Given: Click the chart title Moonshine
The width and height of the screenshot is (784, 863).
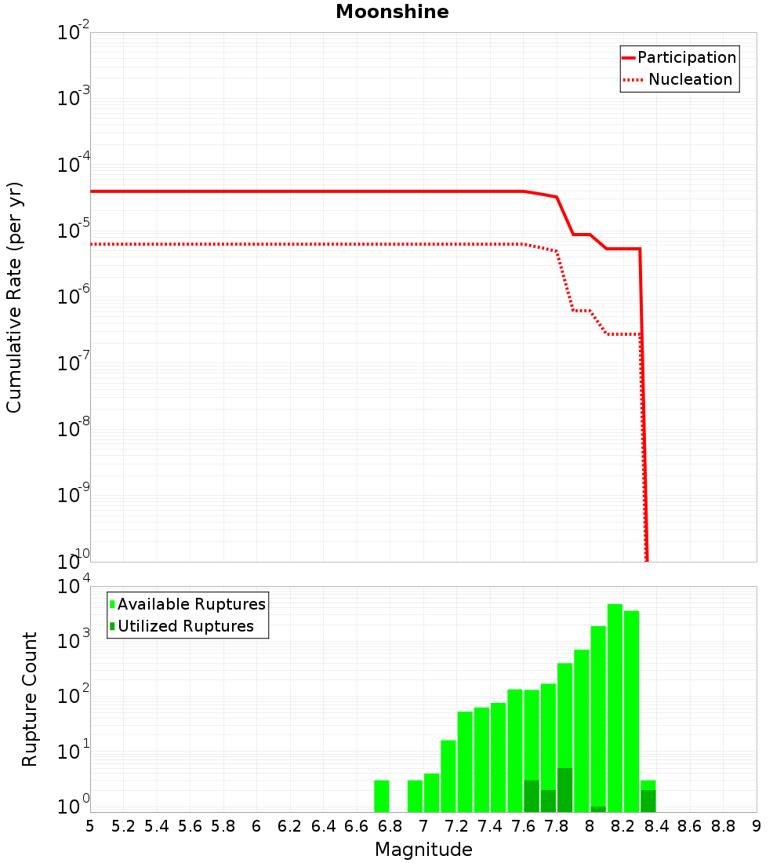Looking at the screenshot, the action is (392, 12).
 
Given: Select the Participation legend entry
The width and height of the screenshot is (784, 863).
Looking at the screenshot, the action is (679, 57).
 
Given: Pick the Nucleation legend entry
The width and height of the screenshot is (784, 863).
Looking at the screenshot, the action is (678, 79).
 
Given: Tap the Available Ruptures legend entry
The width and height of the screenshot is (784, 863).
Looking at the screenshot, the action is (187, 604).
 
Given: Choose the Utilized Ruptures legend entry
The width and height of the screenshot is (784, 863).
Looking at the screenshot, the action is (182, 626).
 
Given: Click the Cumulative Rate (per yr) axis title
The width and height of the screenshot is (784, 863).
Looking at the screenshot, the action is (14, 297).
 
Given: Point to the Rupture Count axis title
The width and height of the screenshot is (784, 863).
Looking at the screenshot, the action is (29, 699).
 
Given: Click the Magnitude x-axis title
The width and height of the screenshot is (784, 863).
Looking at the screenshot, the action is (423, 849).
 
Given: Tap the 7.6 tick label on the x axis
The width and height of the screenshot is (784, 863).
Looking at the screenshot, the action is (523, 826).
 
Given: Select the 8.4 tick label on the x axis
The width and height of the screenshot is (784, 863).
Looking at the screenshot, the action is (656, 826).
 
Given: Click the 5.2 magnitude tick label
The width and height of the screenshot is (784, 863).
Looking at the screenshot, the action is (123, 826).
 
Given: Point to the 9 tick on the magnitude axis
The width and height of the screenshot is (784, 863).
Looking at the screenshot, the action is (757, 826).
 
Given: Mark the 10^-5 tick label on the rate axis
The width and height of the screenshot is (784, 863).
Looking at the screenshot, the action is (74, 230).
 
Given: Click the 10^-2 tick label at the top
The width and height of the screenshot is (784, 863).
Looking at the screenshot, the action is (74, 31).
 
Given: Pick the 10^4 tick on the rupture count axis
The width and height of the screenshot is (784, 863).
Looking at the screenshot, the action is (74, 585).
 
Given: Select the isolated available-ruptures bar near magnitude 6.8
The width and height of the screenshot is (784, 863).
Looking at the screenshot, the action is (382, 796).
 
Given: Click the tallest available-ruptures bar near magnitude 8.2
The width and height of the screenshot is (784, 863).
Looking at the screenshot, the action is (615, 708).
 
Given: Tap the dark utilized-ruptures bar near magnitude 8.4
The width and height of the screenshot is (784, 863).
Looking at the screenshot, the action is (648, 801).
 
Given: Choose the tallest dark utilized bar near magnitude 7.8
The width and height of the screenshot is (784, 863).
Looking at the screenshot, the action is (565, 790).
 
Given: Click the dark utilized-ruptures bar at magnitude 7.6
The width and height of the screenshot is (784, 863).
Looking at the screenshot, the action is (532, 796).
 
